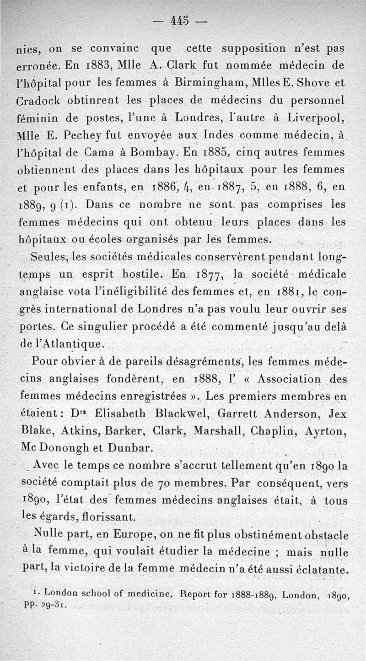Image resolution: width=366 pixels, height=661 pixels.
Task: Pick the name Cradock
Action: point(41,100)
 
